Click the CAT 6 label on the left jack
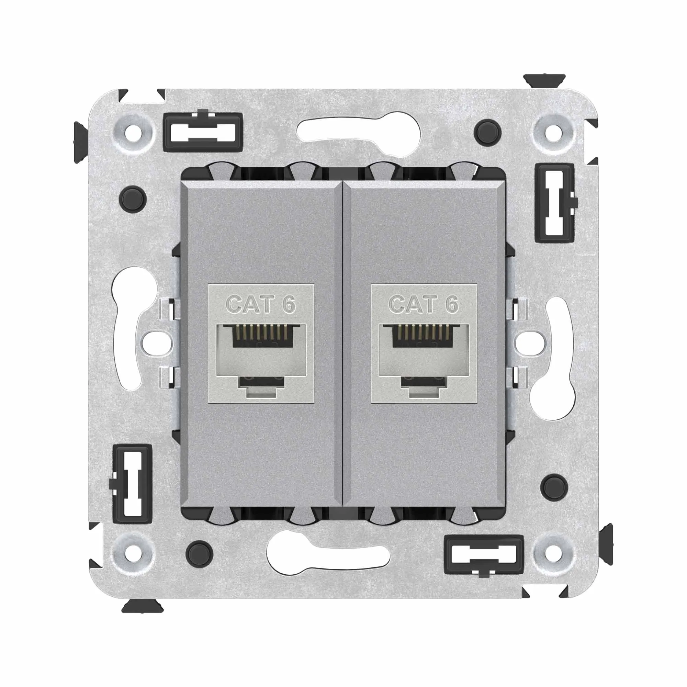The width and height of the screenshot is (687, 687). (x=261, y=305)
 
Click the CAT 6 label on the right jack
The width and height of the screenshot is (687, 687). (x=424, y=305)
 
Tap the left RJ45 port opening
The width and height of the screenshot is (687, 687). (x=261, y=359)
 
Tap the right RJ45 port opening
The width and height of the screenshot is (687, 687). (x=424, y=359)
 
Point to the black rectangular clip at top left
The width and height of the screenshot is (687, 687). (x=203, y=131)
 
